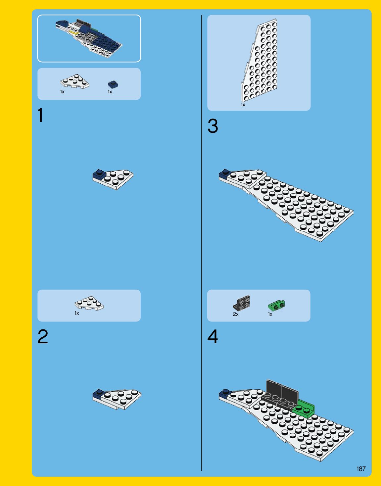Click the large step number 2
43,336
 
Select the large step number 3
213,126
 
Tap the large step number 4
213,337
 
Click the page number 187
361,469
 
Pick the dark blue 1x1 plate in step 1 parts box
113,84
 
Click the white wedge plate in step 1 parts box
75,81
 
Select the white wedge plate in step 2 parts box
89,303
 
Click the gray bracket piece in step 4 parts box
242,303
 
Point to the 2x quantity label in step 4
236,314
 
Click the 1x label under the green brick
270,314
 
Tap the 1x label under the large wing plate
243,105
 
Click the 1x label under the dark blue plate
110,92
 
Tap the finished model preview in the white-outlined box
89,38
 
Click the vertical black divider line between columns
202,243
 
